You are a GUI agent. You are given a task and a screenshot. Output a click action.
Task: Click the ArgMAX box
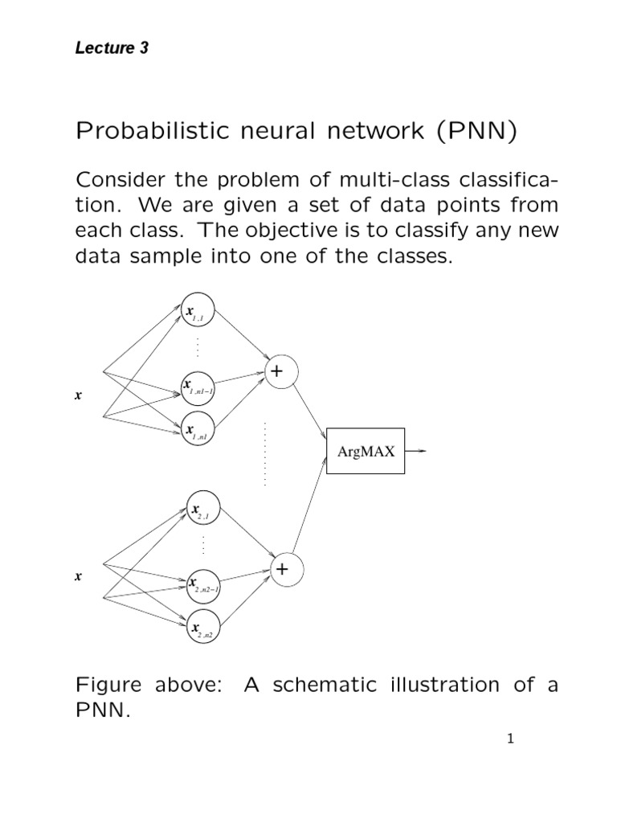coord(366,452)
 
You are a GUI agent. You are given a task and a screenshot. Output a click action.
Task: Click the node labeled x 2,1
coord(202,509)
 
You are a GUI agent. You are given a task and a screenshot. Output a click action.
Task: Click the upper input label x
coord(78,395)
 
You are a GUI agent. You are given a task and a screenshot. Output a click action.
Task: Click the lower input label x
coord(78,576)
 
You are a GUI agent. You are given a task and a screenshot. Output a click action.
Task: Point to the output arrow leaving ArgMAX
coord(417,451)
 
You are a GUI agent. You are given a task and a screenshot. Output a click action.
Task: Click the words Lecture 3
coord(112,48)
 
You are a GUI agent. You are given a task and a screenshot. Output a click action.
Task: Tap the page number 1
coord(509,739)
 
